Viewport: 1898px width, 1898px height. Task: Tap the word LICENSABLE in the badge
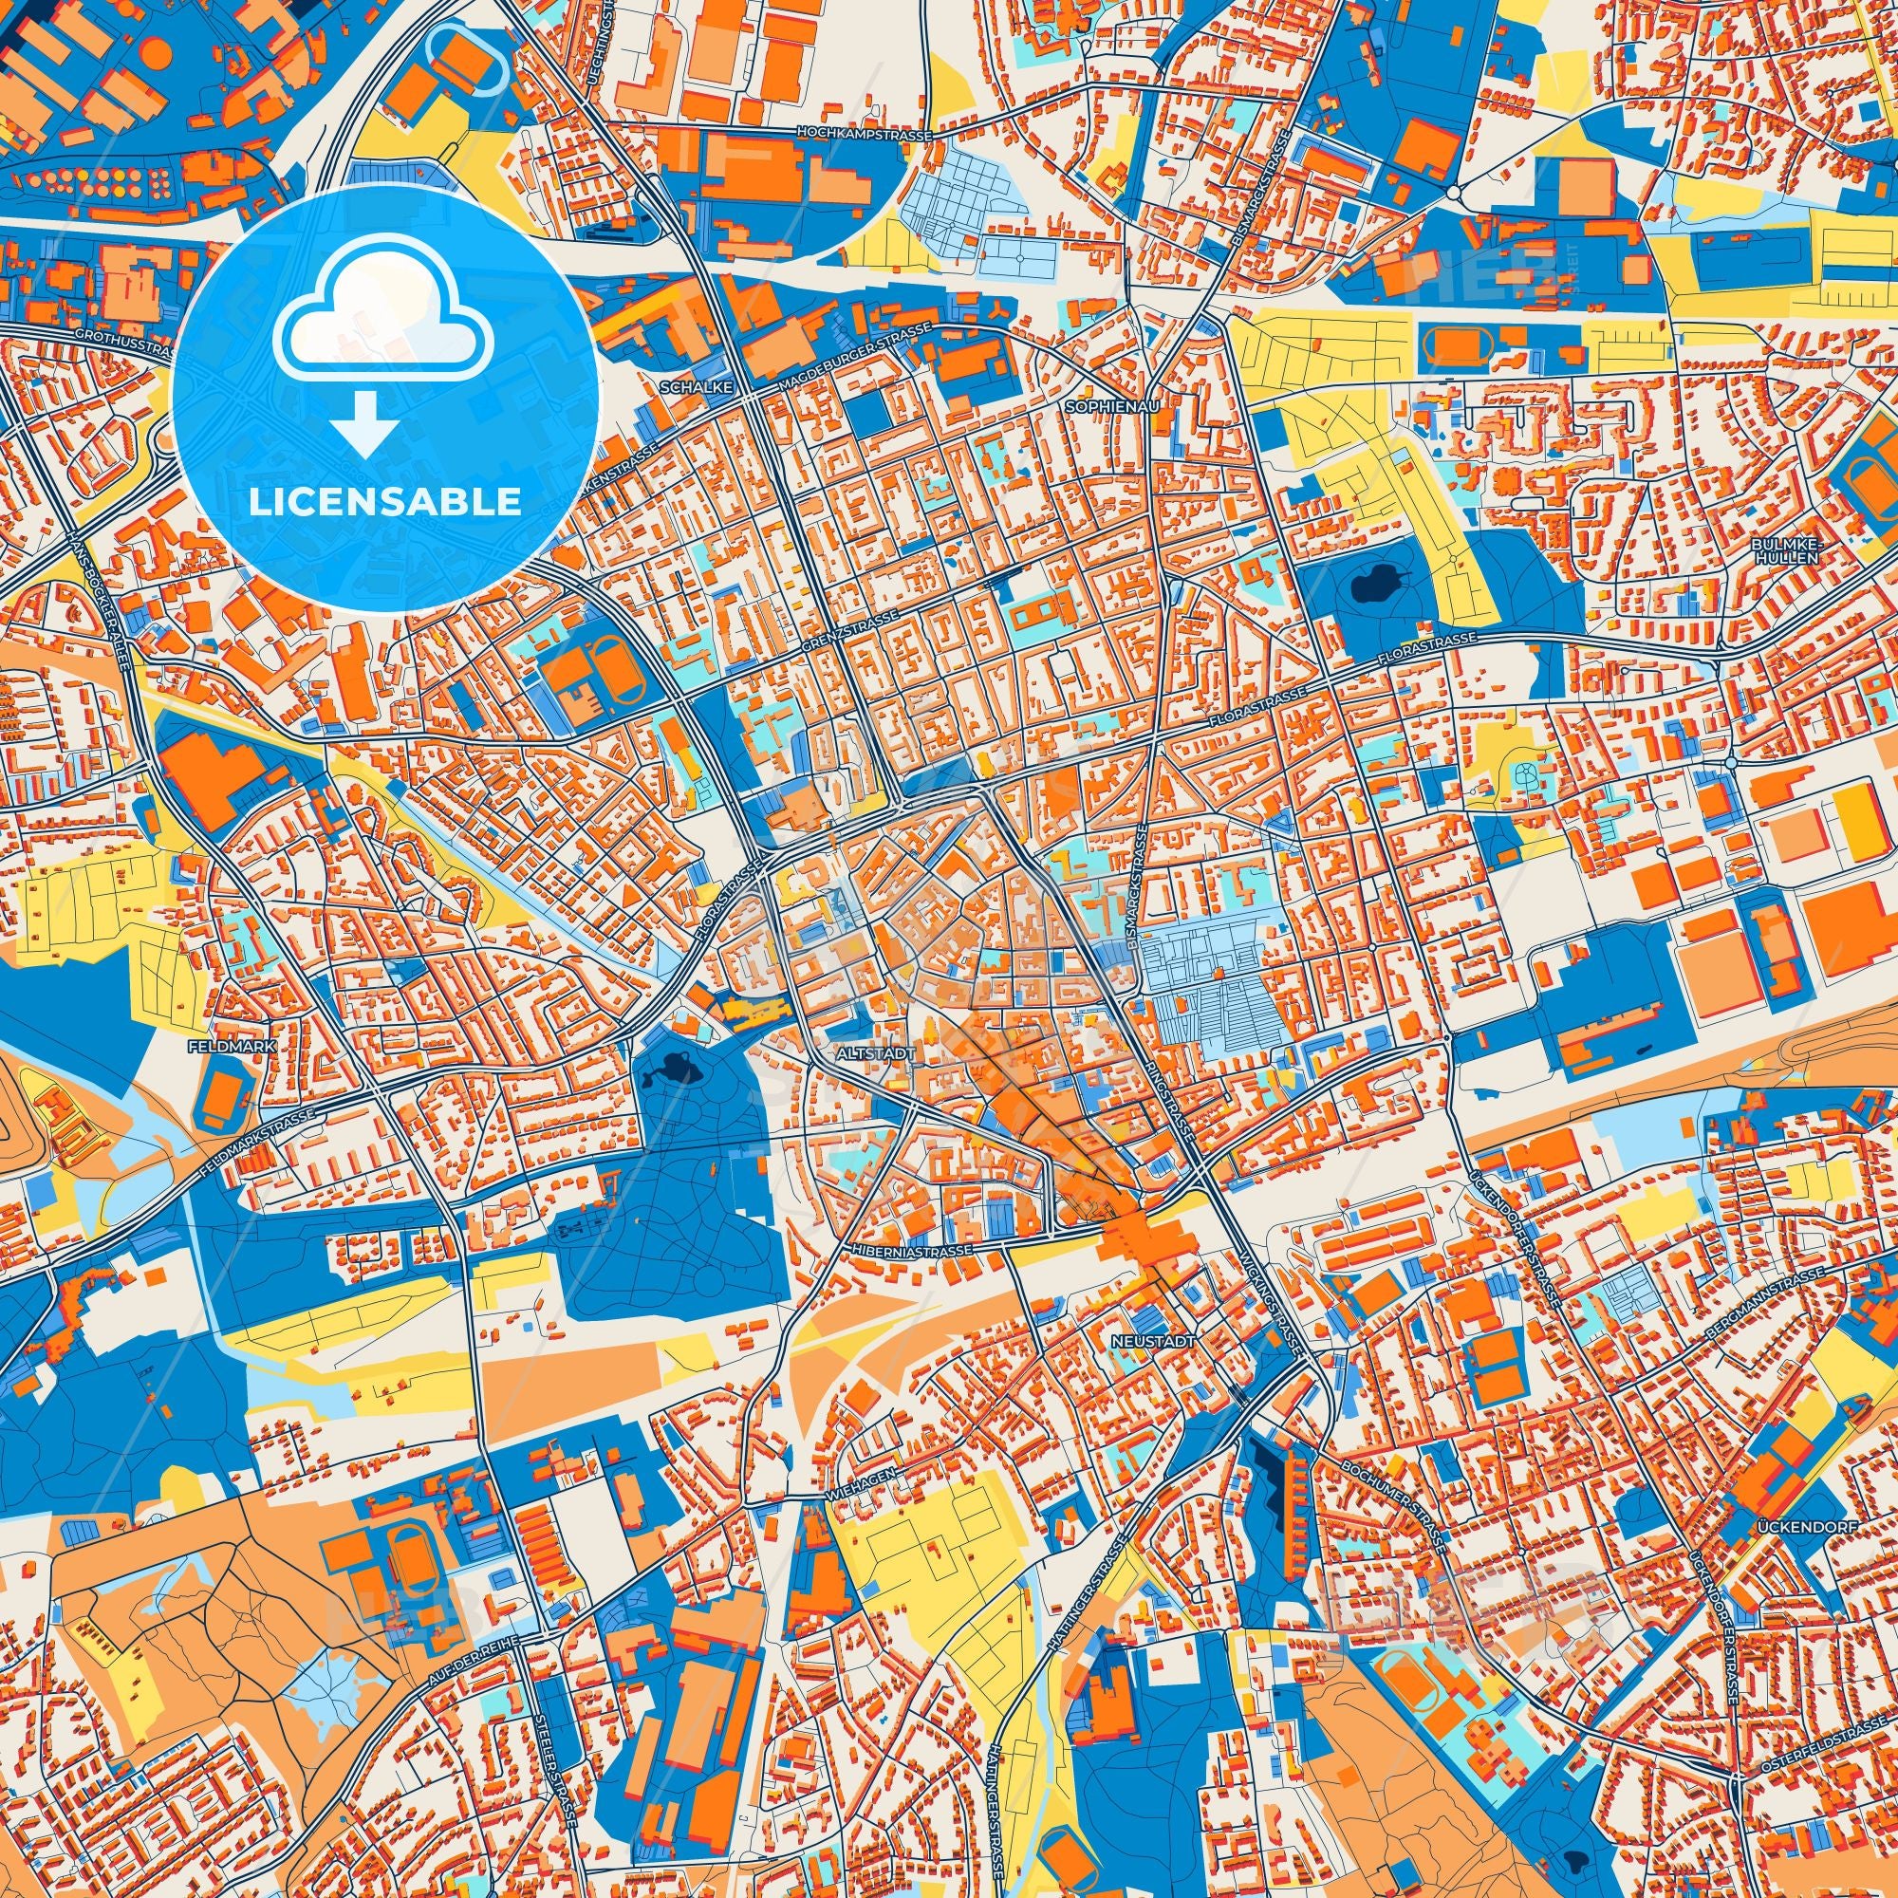click(385, 502)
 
